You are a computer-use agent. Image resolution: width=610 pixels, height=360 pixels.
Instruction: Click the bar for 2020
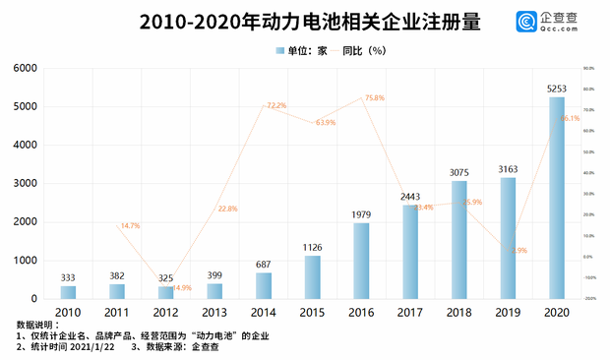coord(557,198)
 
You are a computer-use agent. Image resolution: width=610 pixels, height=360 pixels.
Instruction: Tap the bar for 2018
coord(459,240)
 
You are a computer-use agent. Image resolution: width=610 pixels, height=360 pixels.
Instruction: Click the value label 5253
coord(557,89)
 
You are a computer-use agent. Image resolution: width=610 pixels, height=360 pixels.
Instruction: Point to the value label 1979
coord(361,214)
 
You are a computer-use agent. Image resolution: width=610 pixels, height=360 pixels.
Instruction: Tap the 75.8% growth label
coord(374,98)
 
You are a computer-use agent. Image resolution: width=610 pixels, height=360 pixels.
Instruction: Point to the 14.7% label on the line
coord(130,226)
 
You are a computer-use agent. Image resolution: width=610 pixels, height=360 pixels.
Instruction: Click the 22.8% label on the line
coord(227,209)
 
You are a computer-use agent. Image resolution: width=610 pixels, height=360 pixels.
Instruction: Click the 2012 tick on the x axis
coord(165,313)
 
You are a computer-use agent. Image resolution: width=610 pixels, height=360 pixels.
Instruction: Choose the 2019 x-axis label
coord(508,313)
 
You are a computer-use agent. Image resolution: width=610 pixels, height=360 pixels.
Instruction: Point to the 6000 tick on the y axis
coord(25,68)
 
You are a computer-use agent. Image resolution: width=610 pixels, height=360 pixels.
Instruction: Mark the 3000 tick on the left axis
coord(25,184)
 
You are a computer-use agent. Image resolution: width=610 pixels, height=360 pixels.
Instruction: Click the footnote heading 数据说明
coord(37,324)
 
